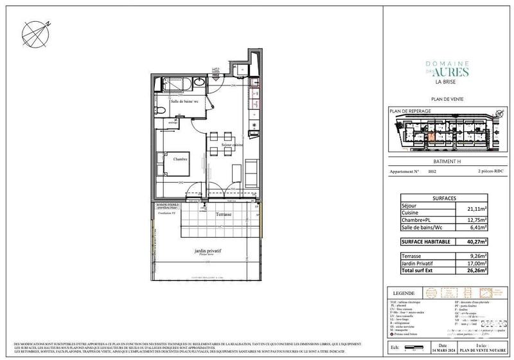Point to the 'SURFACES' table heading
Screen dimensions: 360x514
coord(446,199)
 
